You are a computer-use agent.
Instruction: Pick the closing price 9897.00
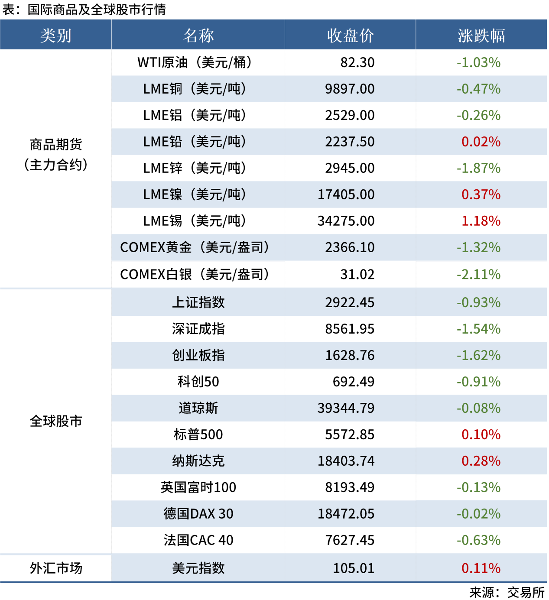[x=350, y=89]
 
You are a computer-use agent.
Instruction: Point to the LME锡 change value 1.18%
[x=481, y=221]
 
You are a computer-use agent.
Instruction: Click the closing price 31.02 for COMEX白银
[x=357, y=275]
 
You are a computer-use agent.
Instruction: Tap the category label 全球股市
[x=56, y=421]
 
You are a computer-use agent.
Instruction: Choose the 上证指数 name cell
[x=198, y=302]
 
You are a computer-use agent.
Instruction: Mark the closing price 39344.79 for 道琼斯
[x=346, y=408]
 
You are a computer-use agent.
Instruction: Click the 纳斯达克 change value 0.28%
[x=481, y=461]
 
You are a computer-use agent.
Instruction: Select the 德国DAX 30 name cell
[x=198, y=514]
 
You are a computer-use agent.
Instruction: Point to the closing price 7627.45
[x=350, y=540]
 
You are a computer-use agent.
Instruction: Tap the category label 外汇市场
[x=56, y=568]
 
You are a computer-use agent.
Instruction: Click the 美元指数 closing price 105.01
[x=354, y=568]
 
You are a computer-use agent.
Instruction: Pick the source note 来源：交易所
[x=507, y=592]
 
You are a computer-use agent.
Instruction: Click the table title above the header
[x=84, y=10]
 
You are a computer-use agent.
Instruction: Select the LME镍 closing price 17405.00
[x=346, y=195]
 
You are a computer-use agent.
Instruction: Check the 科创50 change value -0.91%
[x=478, y=382]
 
